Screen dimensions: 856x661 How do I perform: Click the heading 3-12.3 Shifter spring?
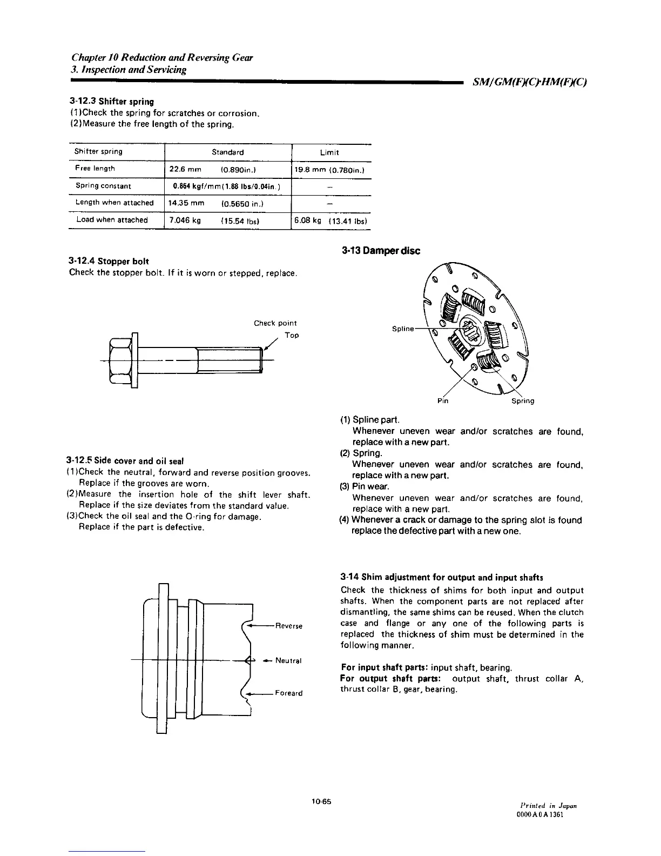[x=111, y=102]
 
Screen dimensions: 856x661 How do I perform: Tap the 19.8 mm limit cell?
[x=330, y=169]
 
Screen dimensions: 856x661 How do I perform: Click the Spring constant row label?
[x=103, y=186]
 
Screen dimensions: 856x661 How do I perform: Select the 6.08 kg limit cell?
[x=330, y=220]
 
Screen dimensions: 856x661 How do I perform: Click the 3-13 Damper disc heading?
[x=380, y=251]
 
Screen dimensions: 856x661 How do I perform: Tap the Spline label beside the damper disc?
[x=403, y=329]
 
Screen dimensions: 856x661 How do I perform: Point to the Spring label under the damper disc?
[x=523, y=401]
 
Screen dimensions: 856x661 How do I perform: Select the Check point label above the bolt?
[x=275, y=323]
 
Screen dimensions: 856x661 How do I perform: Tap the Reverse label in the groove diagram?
[x=288, y=626]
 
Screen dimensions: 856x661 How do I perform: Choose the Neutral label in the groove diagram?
[x=288, y=660]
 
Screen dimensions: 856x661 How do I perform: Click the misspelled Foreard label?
[x=288, y=693]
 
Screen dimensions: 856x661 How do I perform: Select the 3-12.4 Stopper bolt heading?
[x=109, y=262]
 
